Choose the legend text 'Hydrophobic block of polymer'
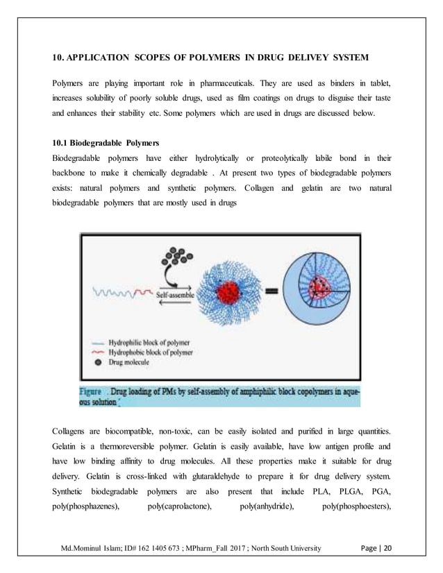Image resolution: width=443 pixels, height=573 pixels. point(150,352)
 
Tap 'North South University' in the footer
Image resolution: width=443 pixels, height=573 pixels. point(280,549)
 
